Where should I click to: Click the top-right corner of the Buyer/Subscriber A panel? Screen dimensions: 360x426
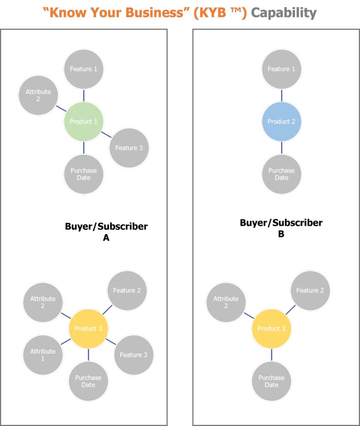tap(167, 30)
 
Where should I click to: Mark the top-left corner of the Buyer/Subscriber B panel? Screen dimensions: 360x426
tap(193, 30)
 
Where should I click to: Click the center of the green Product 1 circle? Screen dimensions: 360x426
tap(84, 121)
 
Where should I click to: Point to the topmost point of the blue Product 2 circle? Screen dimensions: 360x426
tap(281, 102)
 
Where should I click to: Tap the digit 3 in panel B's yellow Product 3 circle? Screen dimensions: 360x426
tap(283, 329)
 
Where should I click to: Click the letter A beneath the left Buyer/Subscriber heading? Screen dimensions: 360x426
tap(106, 238)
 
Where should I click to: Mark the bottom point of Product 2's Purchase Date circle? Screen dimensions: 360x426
tap(281, 194)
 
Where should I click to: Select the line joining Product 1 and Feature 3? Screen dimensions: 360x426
tap(106, 134)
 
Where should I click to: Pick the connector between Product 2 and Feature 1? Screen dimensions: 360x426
tap(281, 95)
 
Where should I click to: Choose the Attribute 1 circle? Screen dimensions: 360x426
tap(43, 355)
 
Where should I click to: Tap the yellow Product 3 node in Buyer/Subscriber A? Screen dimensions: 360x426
tap(88, 329)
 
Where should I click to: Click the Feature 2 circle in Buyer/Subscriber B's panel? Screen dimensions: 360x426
tap(310, 290)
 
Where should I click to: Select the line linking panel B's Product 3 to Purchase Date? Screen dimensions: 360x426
tap(271, 355)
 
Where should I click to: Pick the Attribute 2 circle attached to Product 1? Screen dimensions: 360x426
tap(38, 95)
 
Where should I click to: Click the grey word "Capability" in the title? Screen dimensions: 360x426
tap(284, 13)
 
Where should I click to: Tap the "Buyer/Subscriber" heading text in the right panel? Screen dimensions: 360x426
tap(281, 223)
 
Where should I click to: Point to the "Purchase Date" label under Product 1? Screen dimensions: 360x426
tap(84, 174)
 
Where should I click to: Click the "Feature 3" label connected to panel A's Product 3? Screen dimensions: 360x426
tap(133, 355)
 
